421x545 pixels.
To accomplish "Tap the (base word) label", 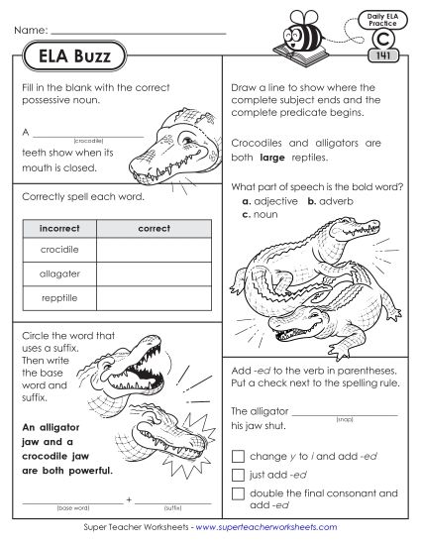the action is tap(71, 506).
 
